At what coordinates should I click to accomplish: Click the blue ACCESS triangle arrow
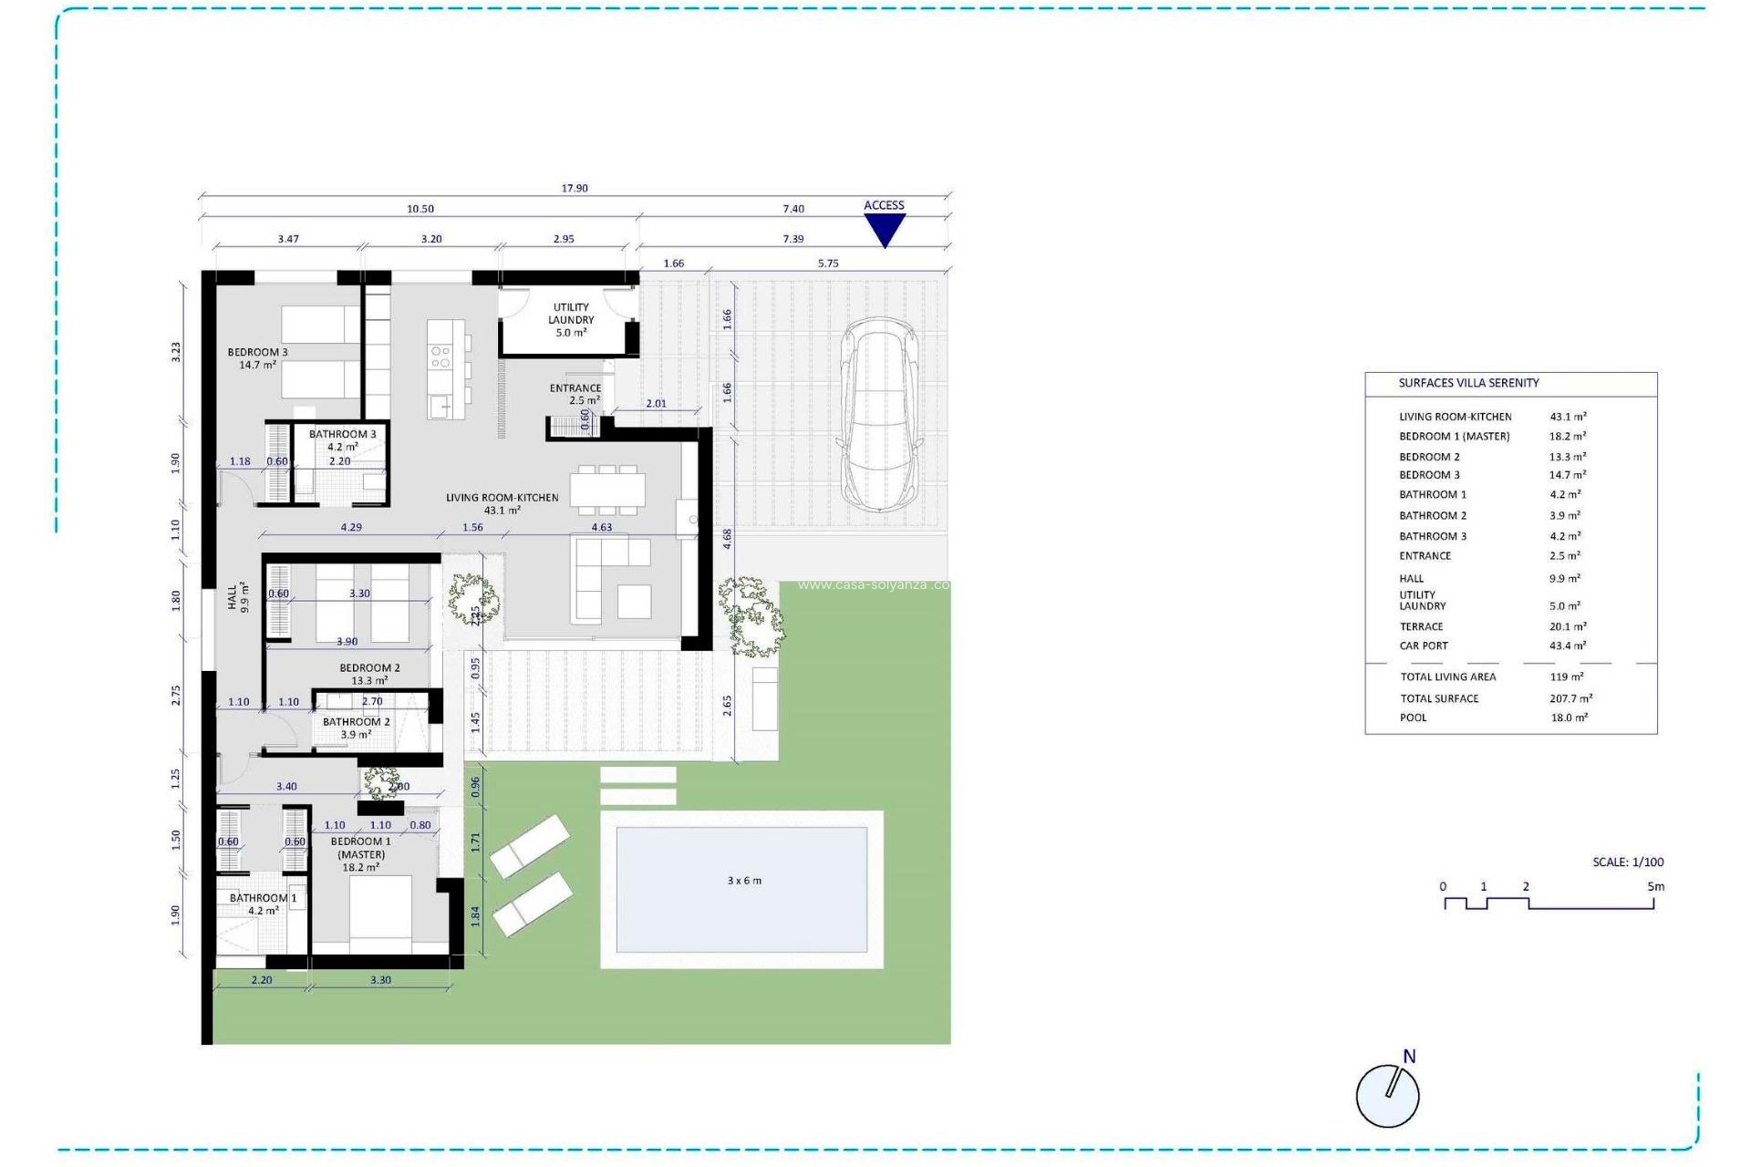884,229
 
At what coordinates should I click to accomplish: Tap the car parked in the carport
879,415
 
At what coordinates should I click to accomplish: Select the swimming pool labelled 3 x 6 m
742,889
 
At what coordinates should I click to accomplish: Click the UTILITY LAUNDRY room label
571,320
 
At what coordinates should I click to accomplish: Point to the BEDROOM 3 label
257,358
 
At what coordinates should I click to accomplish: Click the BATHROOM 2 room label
356,728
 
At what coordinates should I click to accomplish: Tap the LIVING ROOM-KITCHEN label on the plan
502,503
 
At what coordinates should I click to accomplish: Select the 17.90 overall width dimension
575,189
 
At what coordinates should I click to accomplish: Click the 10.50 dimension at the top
420,209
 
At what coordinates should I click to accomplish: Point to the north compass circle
1387,1096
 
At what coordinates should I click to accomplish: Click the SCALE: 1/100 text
1628,862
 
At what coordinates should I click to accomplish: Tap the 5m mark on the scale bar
1655,887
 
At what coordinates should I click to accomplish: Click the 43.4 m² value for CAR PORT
1568,645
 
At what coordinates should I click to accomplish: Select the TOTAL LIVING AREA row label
1447,676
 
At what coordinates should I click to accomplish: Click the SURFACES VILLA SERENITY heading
1468,383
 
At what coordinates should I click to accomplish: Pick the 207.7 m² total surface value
1570,698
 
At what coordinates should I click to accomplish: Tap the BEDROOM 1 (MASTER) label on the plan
361,854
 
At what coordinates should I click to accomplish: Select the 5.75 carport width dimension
827,263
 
